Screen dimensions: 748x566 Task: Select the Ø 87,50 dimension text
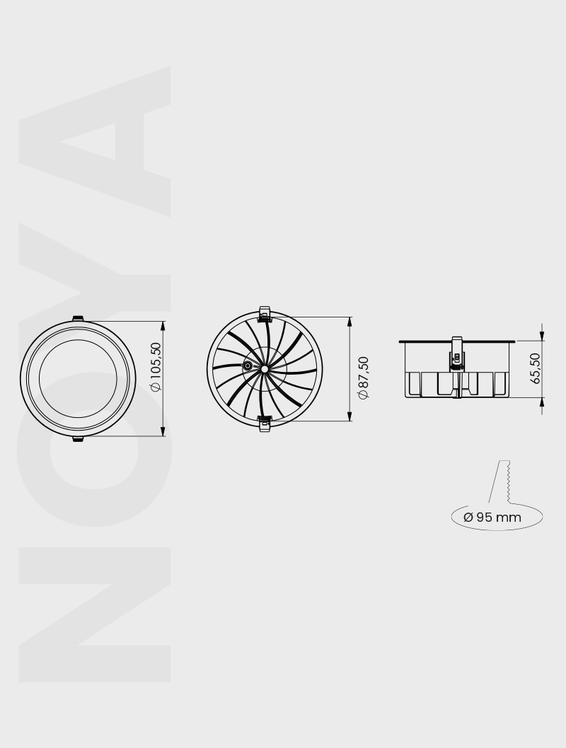(364, 378)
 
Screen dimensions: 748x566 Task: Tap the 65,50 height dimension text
(536, 368)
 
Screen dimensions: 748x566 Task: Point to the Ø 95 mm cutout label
(492, 517)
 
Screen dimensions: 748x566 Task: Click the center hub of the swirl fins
(264, 368)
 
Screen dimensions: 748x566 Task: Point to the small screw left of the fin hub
(248, 366)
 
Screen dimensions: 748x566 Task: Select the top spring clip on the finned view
(265, 313)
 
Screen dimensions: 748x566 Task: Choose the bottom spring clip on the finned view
(265, 423)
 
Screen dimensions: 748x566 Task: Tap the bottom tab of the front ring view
(78, 439)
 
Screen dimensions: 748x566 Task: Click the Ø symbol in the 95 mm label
(468, 517)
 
